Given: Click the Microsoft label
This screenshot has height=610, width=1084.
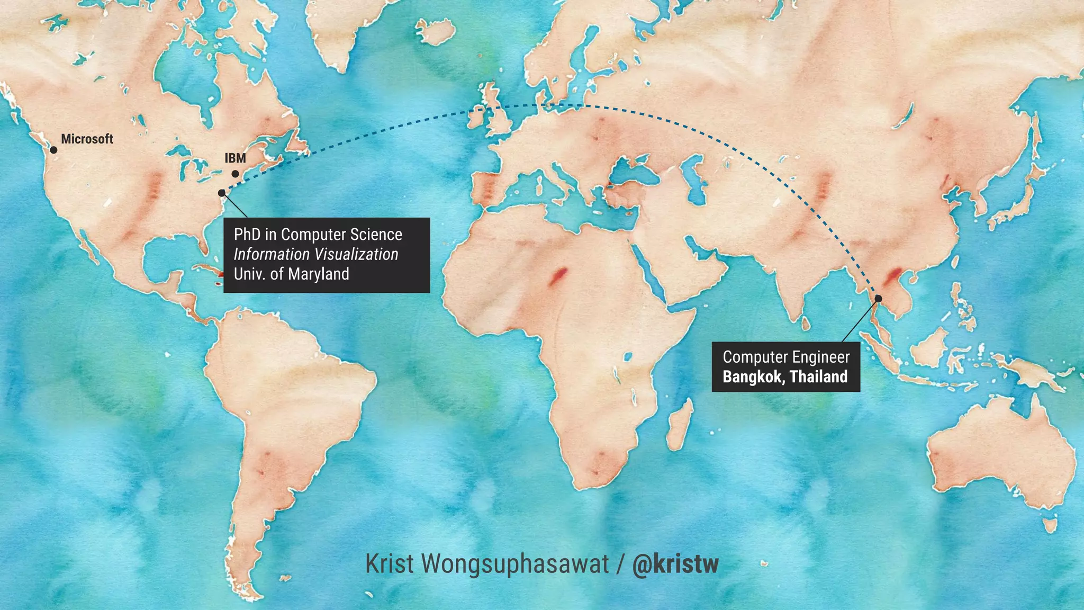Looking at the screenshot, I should [x=87, y=139].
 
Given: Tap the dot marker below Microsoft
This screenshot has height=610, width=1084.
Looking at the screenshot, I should [x=53, y=150].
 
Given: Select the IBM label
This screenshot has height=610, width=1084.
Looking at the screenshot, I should [x=235, y=158].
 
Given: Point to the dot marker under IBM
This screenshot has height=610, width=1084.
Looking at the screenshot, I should [x=235, y=174].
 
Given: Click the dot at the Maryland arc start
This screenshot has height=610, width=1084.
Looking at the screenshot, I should [x=222, y=193].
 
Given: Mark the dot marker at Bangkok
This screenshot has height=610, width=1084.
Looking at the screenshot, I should [x=878, y=299].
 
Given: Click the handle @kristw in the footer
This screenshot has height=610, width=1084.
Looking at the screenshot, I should [x=675, y=564].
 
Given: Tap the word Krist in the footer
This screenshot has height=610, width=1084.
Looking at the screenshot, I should [x=390, y=564].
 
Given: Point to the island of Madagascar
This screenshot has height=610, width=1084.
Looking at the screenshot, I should [x=680, y=424].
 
